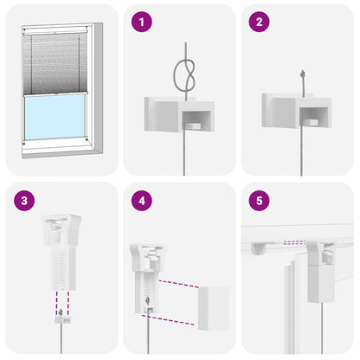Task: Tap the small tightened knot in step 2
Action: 303,76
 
